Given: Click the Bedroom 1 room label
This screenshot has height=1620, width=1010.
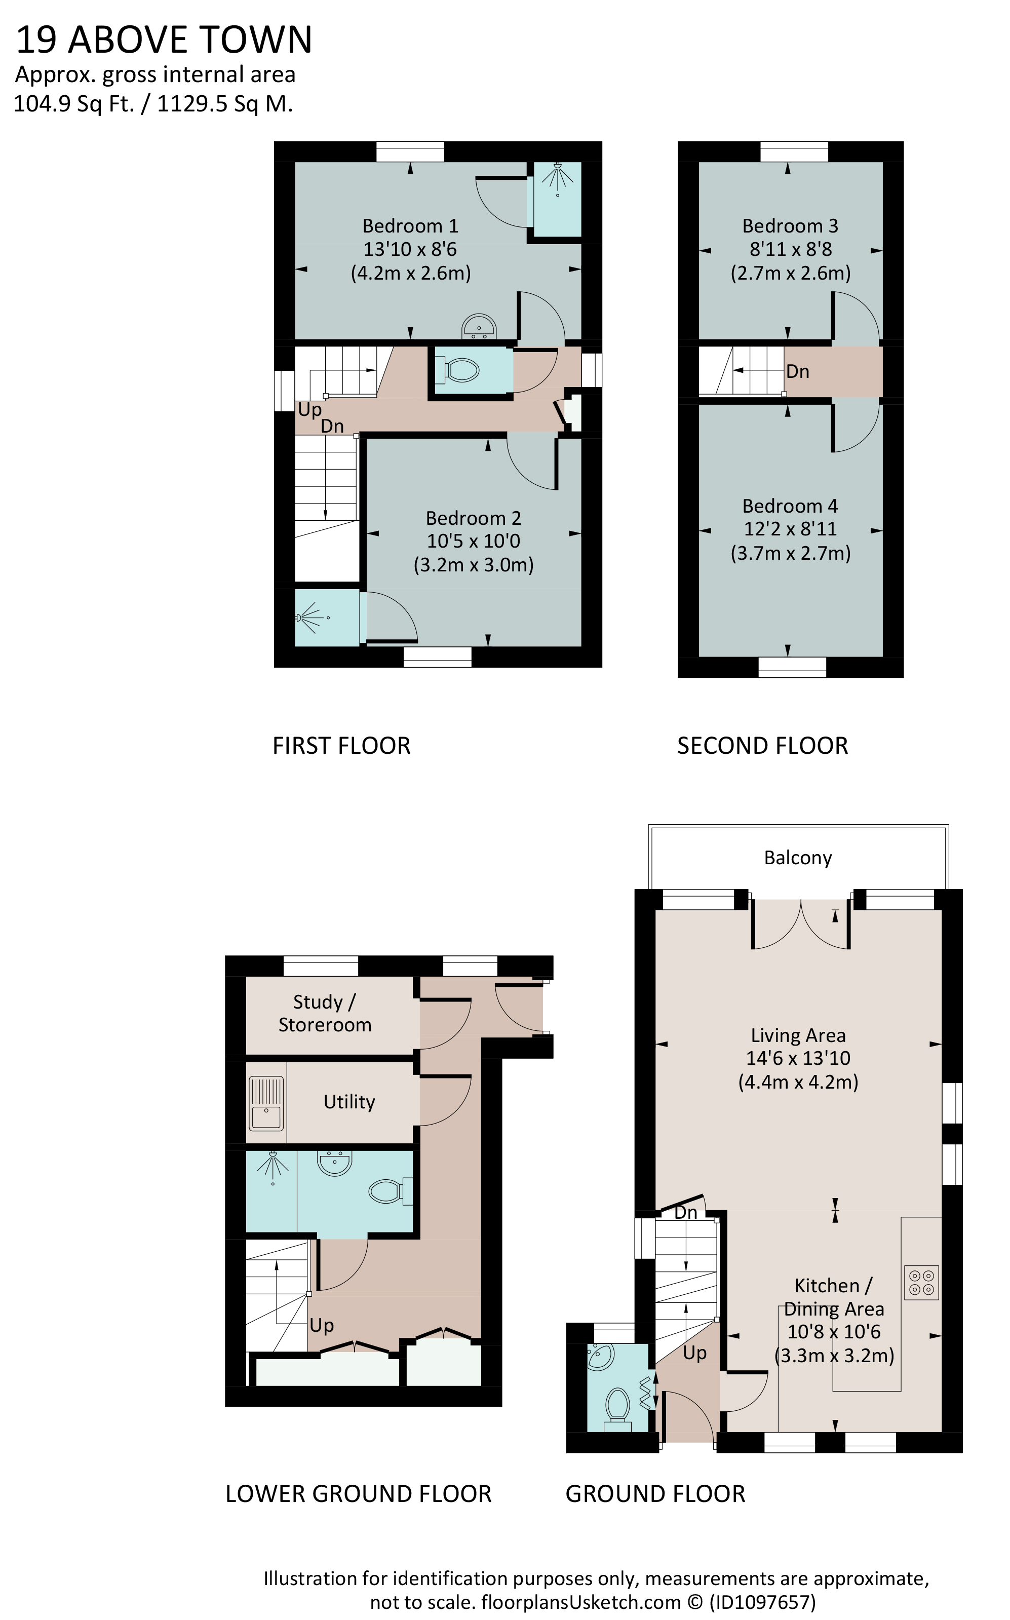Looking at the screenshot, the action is [x=410, y=226].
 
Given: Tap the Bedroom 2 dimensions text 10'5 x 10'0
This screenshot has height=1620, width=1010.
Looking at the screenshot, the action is [x=474, y=541].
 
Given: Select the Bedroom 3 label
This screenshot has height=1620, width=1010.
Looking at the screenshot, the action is [x=790, y=226].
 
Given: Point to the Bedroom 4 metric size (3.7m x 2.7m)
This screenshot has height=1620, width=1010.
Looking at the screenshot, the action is [x=790, y=553].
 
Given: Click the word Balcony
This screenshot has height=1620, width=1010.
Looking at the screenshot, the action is [x=798, y=858].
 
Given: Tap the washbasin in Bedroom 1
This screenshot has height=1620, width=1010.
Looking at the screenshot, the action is [x=478, y=326].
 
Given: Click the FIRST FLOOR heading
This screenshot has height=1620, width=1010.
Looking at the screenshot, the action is [x=341, y=746].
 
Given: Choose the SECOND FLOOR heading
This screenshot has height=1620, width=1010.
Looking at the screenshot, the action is [x=763, y=746].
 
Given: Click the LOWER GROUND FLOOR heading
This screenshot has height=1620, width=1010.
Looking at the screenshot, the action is [x=358, y=1508].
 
